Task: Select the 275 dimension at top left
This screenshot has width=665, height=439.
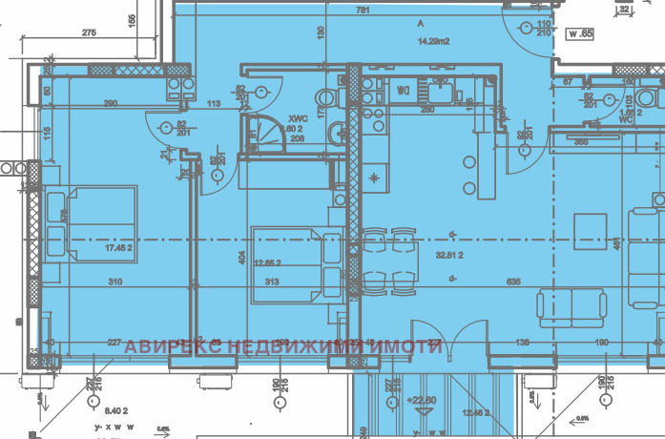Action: pyautogui.click(x=89, y=33)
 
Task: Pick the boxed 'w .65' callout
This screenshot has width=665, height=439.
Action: pyautogui.click(x=582, y=35)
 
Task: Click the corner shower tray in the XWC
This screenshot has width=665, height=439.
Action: pyautogui.click(x=259, y=135)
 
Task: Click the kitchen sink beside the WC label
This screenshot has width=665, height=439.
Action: pyautogui.click(x=441, y=92)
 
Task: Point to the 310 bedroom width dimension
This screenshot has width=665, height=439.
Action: pyautogui.click(x=115, y=282)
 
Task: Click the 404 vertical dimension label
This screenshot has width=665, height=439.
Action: pyautogui.click(x=241, y=258)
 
